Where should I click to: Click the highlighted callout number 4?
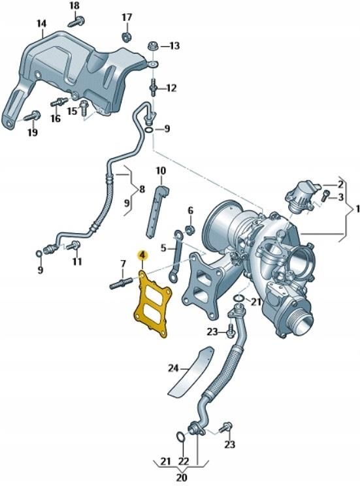pyautogui.click(x=141, y=254)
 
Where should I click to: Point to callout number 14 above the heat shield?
pyautogui.click(x=41, y=24)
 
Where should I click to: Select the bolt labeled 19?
pyautogui.click(x=31, y=117)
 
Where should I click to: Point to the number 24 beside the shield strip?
pyautogui.click(x=174, y=368)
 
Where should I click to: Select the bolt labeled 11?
pyautogui.click(x=73, y=246)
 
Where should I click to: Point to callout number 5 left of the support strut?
pyautogui.click(x=164, y=248)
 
